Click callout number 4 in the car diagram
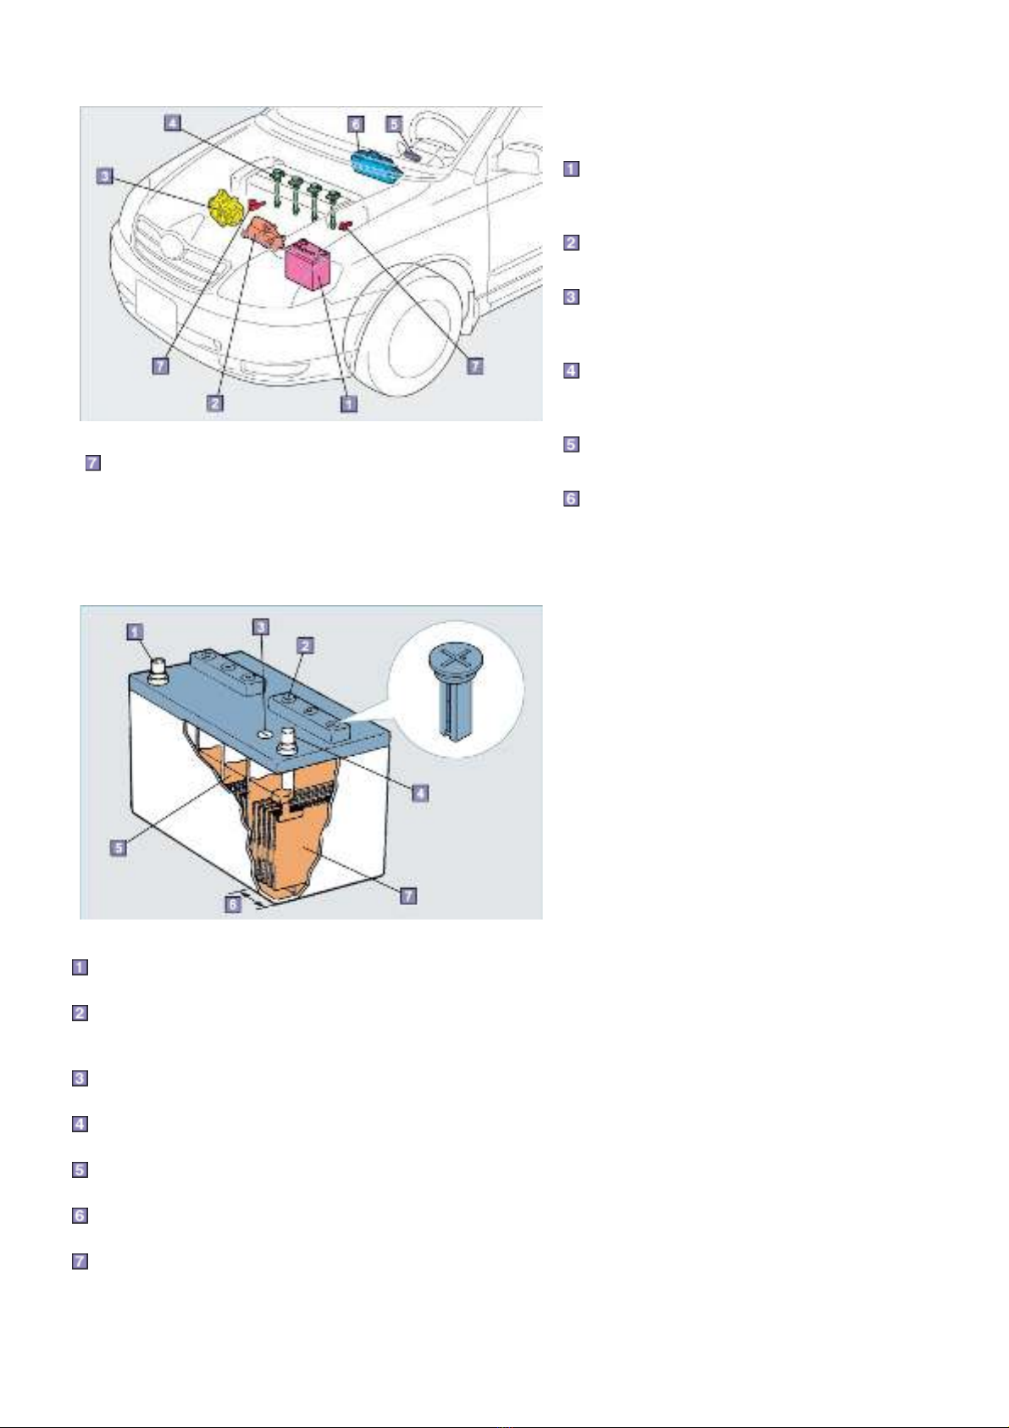173,122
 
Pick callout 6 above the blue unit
357,123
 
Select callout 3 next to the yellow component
105,176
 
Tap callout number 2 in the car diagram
215,403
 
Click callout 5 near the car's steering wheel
395,123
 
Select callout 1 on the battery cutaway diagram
135,631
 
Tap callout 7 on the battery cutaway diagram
408,895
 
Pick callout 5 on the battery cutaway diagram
119,847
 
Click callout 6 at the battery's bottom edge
233,903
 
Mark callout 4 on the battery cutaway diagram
419,792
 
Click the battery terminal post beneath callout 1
158,673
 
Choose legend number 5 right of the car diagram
571,444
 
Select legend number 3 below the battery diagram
79,1078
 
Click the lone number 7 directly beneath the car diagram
93,462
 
